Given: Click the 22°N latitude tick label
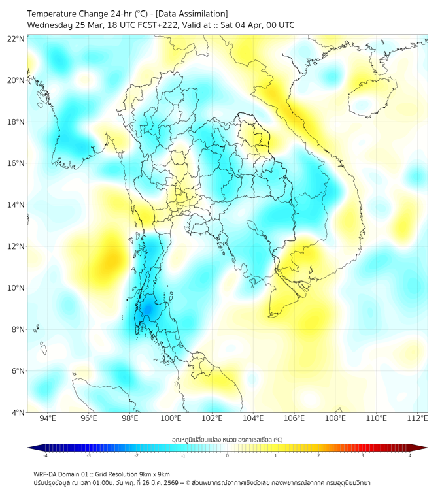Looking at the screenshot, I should [x=16, y=39].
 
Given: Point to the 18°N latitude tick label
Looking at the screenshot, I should [x=16, y=122].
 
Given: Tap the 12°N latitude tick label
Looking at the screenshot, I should [x=16, y=246].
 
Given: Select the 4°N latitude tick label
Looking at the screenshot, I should [x=18, y=412].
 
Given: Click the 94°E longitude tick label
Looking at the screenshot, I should [x=48, y=418].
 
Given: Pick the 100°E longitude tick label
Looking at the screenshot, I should [x=171, y=418].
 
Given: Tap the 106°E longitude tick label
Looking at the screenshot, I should [x=294, y=418].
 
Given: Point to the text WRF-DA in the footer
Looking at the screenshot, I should [x=46, y=474].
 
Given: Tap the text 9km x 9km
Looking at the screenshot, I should [x=155, y=474].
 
